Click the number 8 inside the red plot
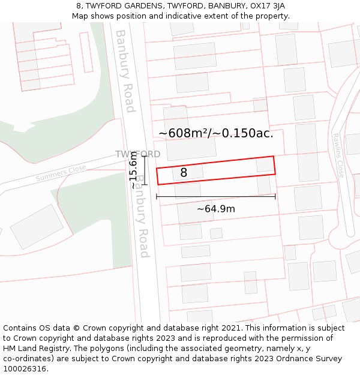click(184, 173)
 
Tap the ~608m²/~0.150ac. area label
click(216, 133)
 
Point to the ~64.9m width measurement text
click(216, 209)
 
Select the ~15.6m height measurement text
click(134, 170)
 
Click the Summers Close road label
click(61, 174)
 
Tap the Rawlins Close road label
click(339, 155)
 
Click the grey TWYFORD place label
click(138, 154)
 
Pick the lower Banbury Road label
click(142, 216)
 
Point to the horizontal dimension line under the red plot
click(216, 196)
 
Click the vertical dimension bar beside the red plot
click(145, 170)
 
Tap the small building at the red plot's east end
click(265, 164)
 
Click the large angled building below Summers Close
click(37, 226)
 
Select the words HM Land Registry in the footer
click(32, 349)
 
